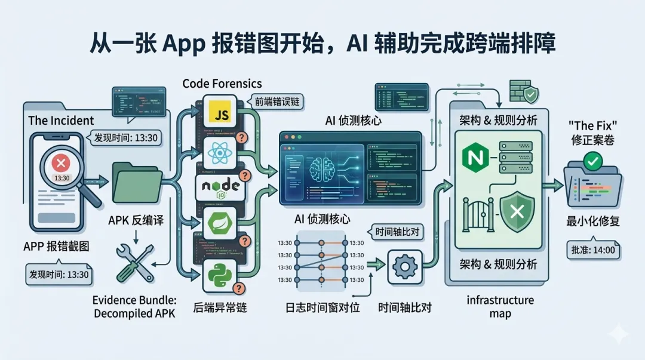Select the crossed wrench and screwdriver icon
[135, 263]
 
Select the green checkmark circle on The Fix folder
[593, 161]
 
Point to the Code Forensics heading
[222, 83]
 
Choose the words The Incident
[61, 120]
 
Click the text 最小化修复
[592, 221]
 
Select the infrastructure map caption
[500, 306]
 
